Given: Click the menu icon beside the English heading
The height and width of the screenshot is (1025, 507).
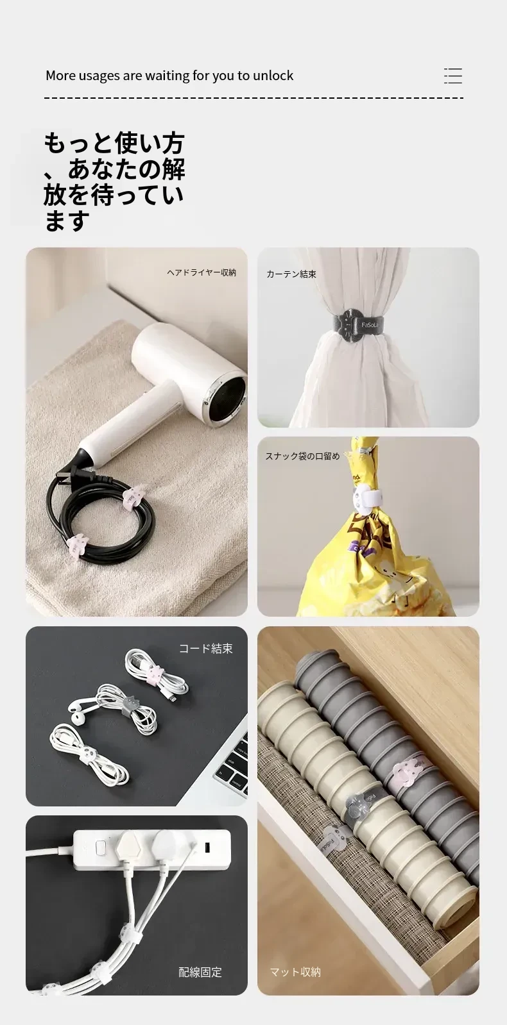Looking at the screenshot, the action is click(453, 76).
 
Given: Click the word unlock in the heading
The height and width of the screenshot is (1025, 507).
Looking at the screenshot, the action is click(273, 76).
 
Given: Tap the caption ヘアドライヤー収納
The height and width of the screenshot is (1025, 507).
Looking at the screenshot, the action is click(202, 272).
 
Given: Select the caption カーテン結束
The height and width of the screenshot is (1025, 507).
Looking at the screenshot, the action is click(291, 274).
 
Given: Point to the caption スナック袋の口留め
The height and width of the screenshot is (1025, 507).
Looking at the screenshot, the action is click(303, 456).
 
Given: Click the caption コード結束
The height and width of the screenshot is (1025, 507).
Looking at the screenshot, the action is click(205, 649).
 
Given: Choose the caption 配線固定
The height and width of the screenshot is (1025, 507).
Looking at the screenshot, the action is click(200, 972).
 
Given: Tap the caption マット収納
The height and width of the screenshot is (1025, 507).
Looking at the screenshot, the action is click(295, 972).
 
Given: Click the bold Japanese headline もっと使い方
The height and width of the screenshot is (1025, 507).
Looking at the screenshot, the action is click(114, 143).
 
